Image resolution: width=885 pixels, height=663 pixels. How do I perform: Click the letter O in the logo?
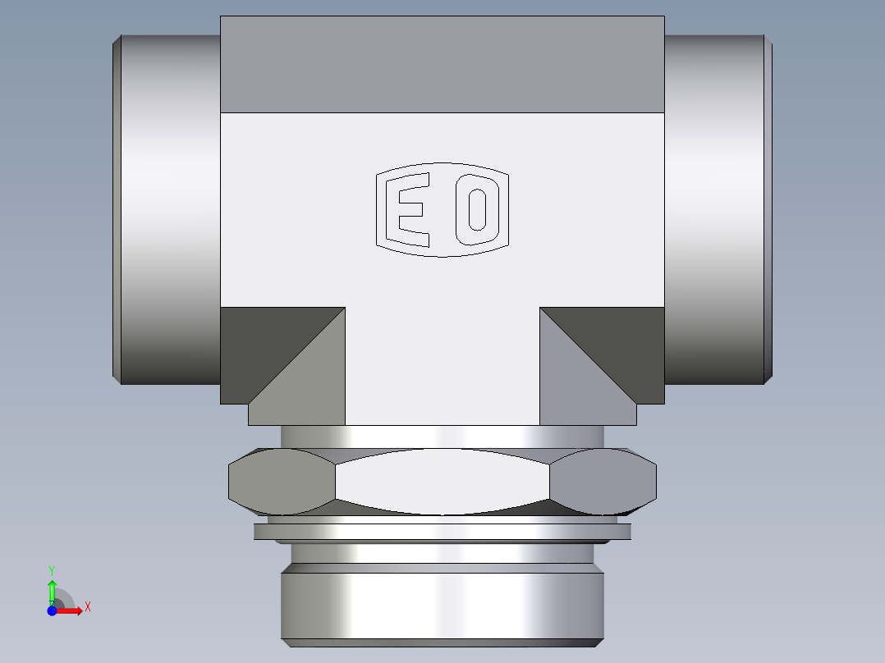click(x=477, y=210)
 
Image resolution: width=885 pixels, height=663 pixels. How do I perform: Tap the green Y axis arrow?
click(x=52, y=590)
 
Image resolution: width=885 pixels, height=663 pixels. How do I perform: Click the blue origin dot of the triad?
click(x=52, y=610)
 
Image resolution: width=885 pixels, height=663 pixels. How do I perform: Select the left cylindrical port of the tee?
click(x=168, y=209)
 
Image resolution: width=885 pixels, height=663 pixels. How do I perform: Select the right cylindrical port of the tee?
click(x=716, y=209)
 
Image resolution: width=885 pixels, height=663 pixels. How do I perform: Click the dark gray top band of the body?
click(x=442, y=64)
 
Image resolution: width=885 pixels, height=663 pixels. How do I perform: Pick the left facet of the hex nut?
click(x=282, y=482)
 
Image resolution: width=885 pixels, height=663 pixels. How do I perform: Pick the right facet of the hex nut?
click(x=603, y=482)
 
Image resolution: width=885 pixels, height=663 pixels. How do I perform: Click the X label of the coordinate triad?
click(x=87, y=607)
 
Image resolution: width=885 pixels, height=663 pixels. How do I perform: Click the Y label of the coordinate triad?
click(x=52, y=569)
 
